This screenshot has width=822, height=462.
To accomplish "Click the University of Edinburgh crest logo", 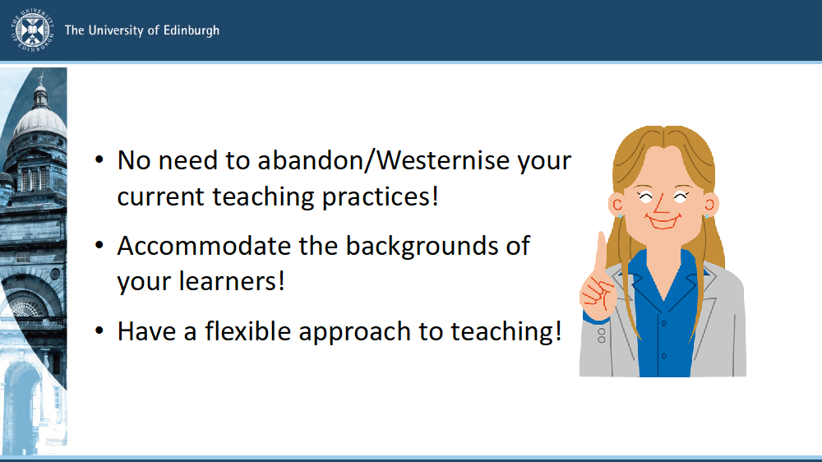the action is pos(33,30).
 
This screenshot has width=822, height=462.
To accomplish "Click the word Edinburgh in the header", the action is pos(192,30).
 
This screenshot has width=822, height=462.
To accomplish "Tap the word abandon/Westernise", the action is pos(383,160).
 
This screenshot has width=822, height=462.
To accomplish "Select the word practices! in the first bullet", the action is pos(380,197).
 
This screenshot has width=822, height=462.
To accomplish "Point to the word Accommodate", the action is pos(204,246).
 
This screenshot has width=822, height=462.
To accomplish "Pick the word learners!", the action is pos(232,281).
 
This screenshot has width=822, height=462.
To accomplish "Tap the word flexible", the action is pos(247,331).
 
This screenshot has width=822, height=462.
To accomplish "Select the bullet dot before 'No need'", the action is pos(99,159).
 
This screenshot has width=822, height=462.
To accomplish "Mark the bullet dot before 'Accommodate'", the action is pos(99,245).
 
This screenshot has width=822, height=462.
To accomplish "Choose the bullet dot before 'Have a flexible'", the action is pos(99,331).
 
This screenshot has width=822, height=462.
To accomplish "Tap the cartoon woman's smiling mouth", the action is pos(663,221).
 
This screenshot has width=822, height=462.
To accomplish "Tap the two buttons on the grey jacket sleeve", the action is pos(602,335).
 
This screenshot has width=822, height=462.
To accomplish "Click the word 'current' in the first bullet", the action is pos(161,197).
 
